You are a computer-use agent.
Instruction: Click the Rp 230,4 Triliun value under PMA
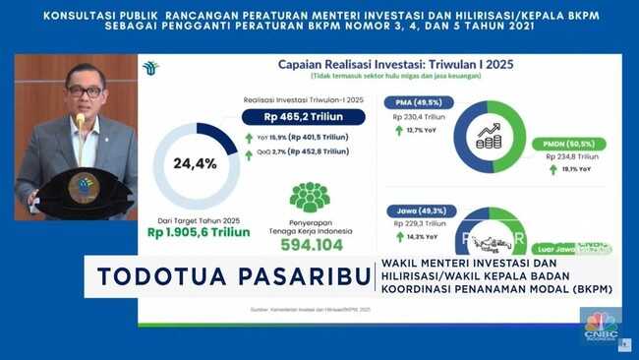(x=420, y=115)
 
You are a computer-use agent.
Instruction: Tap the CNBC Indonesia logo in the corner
(x=599, y=326)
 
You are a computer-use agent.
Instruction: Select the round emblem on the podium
(x=83, y=187)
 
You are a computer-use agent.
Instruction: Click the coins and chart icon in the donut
(x=489, y=135)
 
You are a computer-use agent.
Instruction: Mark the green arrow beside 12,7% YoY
(x=400, y=130)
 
